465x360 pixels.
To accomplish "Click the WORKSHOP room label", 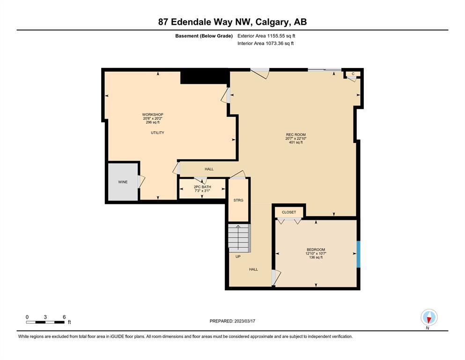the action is tap(153, 114).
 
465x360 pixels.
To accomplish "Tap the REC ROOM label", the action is tap(295, 135).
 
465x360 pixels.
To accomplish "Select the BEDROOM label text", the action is tap(316, 249).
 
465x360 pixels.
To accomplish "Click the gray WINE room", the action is tap(123, 182).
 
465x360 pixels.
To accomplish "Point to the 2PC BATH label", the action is tap(202, 187).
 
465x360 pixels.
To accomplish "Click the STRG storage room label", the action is tap(238, 200).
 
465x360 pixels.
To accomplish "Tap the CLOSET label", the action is tap(289, 212).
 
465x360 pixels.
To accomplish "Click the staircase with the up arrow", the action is tap(239, 238).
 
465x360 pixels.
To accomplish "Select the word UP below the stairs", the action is tap(238, 256).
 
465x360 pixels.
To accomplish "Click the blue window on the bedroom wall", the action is tap(358, 255).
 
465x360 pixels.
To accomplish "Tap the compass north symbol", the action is tap(429, 317).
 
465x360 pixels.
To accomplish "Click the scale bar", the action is tap(45, 322).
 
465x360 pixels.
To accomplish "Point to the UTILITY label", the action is tap(157, 133).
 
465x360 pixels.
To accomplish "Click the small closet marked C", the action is tap(353, 74).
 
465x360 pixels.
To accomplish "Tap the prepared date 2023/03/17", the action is tap(244, 321).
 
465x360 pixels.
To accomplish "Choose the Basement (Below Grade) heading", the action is tap(204, 36).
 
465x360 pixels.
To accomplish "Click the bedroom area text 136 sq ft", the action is tap(316, 257).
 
